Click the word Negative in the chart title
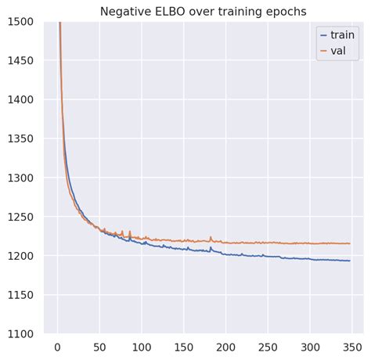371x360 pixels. coord(126,11)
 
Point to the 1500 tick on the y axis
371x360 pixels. coord(21,21)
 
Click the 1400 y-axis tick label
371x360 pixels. coord(21,99)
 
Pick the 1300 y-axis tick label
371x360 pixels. coord(21,178)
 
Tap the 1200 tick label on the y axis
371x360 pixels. coord(21,256)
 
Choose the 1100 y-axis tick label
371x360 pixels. coord(21,334)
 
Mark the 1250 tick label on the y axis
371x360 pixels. coord(21,217)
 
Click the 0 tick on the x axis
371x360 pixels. coord(57,347)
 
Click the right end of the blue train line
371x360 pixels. coord(349,261)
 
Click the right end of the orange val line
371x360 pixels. coord(349,243)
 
